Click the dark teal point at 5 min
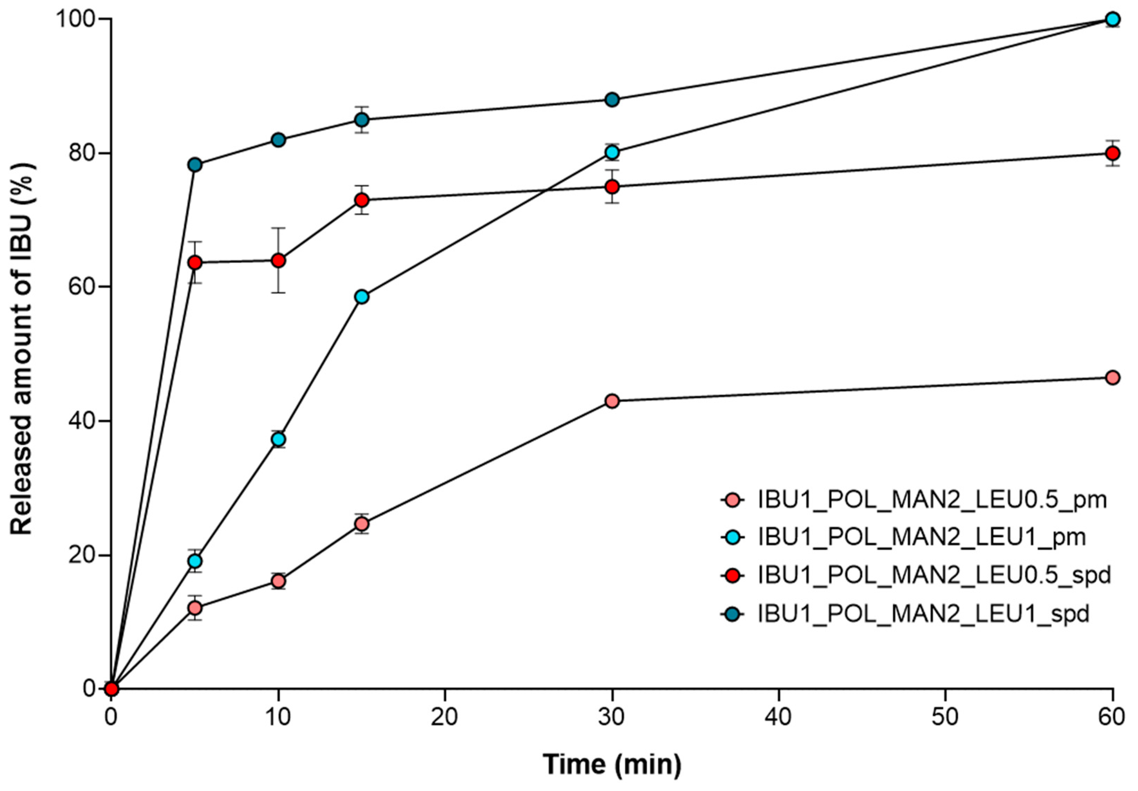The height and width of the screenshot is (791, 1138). (x=195, y=165)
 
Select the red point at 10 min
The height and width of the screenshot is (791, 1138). (x=279, y=261)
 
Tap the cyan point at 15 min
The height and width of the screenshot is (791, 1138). (x=362, y=297)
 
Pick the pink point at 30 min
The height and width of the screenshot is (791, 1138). (x=613, y=401)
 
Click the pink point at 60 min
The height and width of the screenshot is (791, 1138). (x=1113, y=378)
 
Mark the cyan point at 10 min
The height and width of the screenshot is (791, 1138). (x=279, y=440)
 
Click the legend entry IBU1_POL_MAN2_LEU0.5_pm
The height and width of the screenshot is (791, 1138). (x=932, y=500)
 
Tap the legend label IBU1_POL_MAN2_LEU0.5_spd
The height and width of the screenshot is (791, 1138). (x=934, y=576)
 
